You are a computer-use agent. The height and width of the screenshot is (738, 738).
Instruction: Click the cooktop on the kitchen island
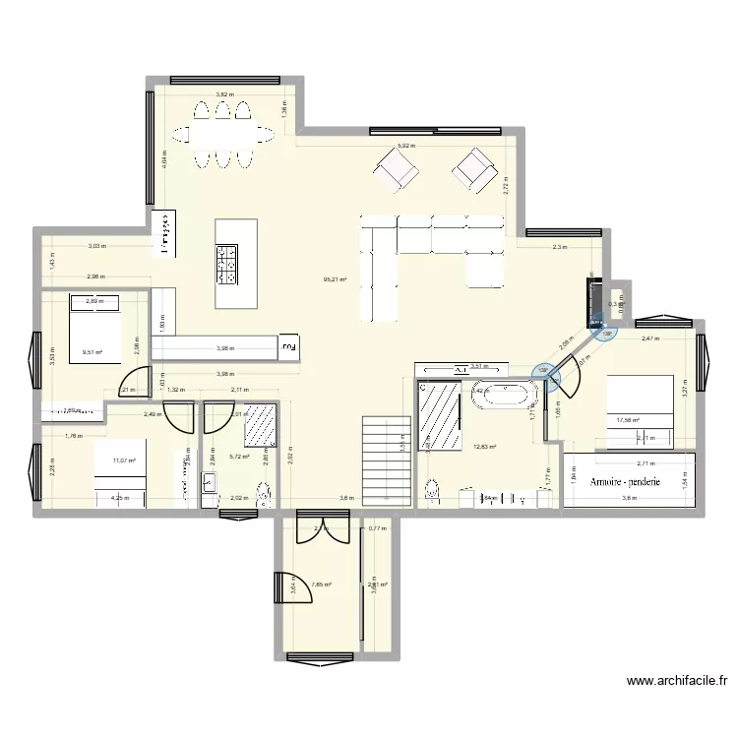(x=225, y=264)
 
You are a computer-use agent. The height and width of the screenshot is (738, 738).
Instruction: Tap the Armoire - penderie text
(x=625, y=482)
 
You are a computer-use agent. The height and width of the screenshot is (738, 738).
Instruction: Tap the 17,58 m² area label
(x=628, y=421)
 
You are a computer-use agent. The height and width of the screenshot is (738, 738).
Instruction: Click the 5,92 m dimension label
(x=404, y=146)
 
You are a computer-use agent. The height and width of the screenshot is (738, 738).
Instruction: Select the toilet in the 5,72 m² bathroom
(x=261, y=497)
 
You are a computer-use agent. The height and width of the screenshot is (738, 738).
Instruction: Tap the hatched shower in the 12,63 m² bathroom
(x=442, y=415)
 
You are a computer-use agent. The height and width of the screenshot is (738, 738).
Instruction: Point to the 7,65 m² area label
(x=321, y=584)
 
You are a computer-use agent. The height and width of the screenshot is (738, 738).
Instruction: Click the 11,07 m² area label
(x=123, y=460)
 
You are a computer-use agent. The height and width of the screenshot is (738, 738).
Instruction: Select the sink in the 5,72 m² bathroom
(x=210, y=482)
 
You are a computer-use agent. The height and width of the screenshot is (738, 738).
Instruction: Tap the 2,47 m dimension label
(x=650, y=339)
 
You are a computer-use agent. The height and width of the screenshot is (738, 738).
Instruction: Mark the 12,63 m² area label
(x=485, y=446)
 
